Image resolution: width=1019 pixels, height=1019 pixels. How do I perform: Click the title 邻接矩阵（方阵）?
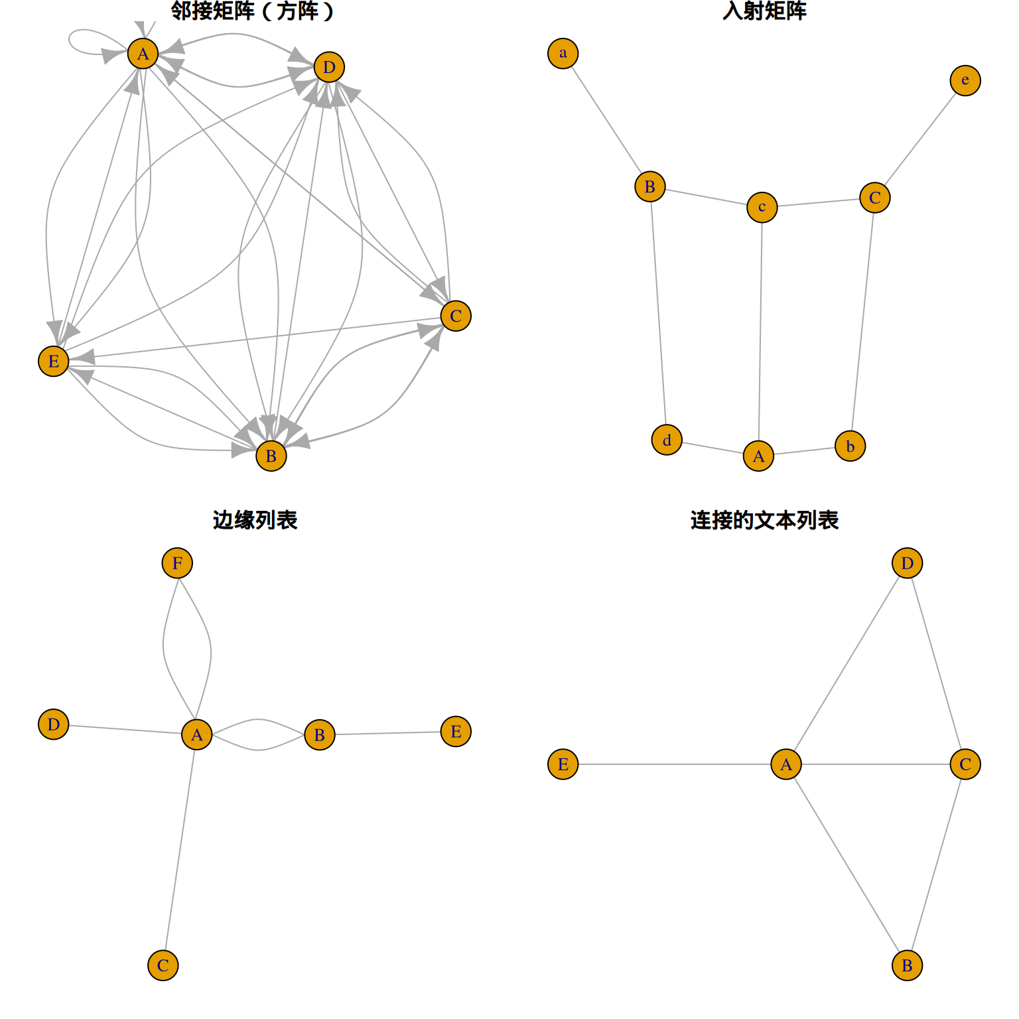point(253,11)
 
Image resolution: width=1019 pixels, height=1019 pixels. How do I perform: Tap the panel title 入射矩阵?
point(764,11)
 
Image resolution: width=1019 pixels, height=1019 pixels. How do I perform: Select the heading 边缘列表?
point(255,520)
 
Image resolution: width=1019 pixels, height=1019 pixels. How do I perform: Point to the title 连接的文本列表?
point(764,520)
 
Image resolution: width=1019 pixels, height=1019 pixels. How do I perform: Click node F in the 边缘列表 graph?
point(177,563)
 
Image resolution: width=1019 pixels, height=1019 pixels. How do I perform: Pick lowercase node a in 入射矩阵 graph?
point(563,53)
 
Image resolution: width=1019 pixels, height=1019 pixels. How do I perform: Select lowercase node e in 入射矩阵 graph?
point(965,80)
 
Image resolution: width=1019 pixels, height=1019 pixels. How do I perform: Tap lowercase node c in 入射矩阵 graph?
point(762,207)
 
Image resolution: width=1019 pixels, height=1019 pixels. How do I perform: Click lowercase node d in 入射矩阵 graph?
point(667,440)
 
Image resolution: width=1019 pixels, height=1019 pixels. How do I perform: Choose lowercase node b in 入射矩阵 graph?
point(850,446)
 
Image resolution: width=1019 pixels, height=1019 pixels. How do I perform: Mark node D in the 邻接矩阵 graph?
point(329,67)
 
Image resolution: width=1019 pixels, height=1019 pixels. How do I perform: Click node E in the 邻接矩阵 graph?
point(54,361)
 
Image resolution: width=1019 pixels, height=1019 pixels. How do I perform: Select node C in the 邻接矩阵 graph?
point(456,316)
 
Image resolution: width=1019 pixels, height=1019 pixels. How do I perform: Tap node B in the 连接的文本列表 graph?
point(907,965)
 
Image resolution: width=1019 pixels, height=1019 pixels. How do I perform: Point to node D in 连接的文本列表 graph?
point(907,563)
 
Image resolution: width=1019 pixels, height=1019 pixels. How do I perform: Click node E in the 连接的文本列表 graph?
point(563,764)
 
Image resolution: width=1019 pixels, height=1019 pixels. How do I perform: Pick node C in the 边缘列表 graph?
point(163,965)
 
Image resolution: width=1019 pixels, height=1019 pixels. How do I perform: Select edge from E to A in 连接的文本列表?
point(674,764)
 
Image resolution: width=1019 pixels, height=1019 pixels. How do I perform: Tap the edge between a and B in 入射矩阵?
point(606,120)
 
